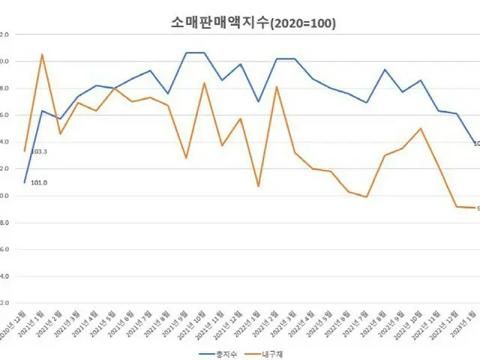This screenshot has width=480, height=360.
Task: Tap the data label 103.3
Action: [39, 151]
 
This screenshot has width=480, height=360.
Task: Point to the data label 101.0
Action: [39, 182]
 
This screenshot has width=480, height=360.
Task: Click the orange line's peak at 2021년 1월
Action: [42, 54]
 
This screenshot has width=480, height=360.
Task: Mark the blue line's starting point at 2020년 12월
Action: [25, 182]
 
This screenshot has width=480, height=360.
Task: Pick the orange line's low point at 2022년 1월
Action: [259, 186]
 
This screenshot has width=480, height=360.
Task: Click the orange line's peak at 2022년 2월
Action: [277, 87]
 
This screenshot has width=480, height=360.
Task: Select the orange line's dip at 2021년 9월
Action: [186, 158]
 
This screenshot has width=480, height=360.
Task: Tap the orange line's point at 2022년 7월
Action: [367, 196]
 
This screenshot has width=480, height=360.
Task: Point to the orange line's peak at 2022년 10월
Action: [421, 128]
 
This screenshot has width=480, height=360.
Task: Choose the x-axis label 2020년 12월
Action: [13, 324]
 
